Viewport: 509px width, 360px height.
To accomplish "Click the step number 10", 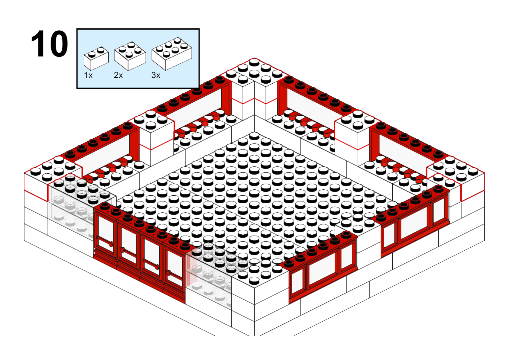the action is click(49, 43).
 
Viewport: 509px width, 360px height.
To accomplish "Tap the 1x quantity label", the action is click(88, 75).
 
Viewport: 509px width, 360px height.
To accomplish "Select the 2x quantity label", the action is click(118, 75).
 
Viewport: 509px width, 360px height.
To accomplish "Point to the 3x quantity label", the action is click(156, 75).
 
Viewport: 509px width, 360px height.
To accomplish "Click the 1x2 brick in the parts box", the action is click(96, 59).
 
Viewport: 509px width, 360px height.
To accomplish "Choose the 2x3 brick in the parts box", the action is click(172, 54).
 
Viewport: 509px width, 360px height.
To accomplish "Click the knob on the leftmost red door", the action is click(111, 244).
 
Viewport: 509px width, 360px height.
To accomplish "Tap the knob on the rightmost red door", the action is click(168, 273).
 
